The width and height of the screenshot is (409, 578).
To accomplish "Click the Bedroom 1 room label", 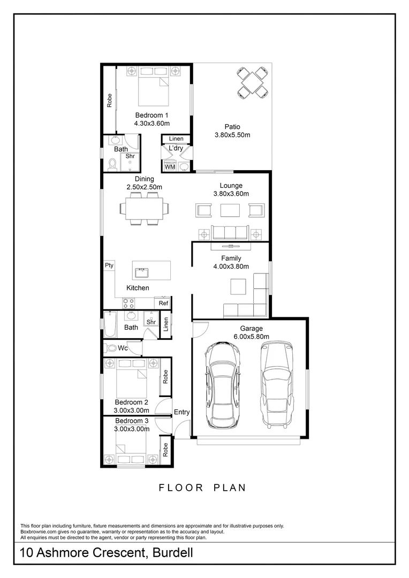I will click(152, 115).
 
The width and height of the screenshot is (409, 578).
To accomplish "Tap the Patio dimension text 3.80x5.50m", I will click(232, 135).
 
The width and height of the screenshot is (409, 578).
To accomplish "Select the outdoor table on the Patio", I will click(253, 81).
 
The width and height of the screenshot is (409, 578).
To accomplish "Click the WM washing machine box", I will click(170, 167).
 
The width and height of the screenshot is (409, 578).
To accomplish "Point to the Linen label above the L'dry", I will click(176, 139).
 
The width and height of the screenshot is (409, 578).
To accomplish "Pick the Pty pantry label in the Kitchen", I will click(109, 265).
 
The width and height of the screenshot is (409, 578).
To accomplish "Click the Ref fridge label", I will click(163, 303).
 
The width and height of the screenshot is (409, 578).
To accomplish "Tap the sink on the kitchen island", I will click(143, 272).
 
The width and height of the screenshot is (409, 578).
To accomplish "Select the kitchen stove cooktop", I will click(128, 303).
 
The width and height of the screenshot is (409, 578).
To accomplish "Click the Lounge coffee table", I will click(231, 210).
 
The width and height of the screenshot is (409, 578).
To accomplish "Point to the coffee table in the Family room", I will click(239, 287).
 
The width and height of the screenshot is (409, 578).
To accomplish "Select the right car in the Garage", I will click(277, 383).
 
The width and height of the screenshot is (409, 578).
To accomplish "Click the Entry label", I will click(182, 412).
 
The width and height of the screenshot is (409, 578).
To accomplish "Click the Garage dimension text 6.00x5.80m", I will click(251, 337).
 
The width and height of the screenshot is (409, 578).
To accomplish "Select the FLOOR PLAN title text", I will click(202, 488).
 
